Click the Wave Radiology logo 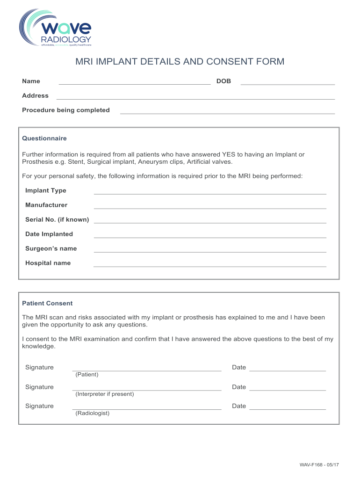click(55, 28)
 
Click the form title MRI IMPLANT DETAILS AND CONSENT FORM click(180, 62)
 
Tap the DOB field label click(223, 81)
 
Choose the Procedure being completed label click(66, 110)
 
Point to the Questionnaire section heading click(44, 138)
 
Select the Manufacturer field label click(46, 205)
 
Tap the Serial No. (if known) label click(57, 220)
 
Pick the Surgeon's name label click(51, 249)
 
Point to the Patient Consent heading click(47, 304)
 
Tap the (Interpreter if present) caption click(105, 394)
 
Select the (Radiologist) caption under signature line click(93, 414)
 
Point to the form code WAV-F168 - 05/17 click(319, 465)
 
